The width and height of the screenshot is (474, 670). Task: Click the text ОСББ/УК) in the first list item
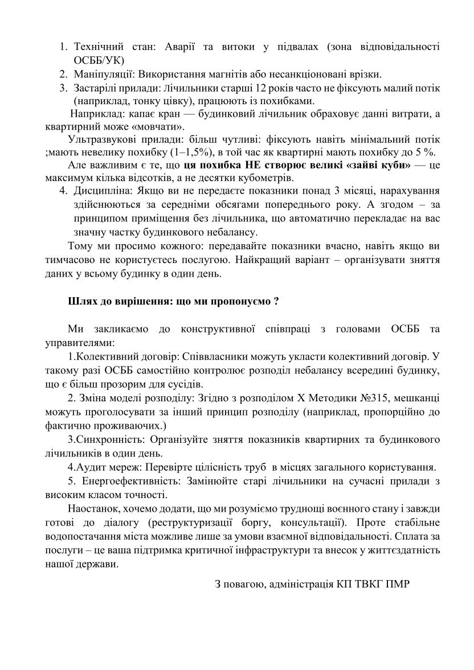99,60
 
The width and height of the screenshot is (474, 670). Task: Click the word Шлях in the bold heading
81,301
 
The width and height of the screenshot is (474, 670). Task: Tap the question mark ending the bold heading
276,301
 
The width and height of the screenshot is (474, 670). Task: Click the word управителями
79,343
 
